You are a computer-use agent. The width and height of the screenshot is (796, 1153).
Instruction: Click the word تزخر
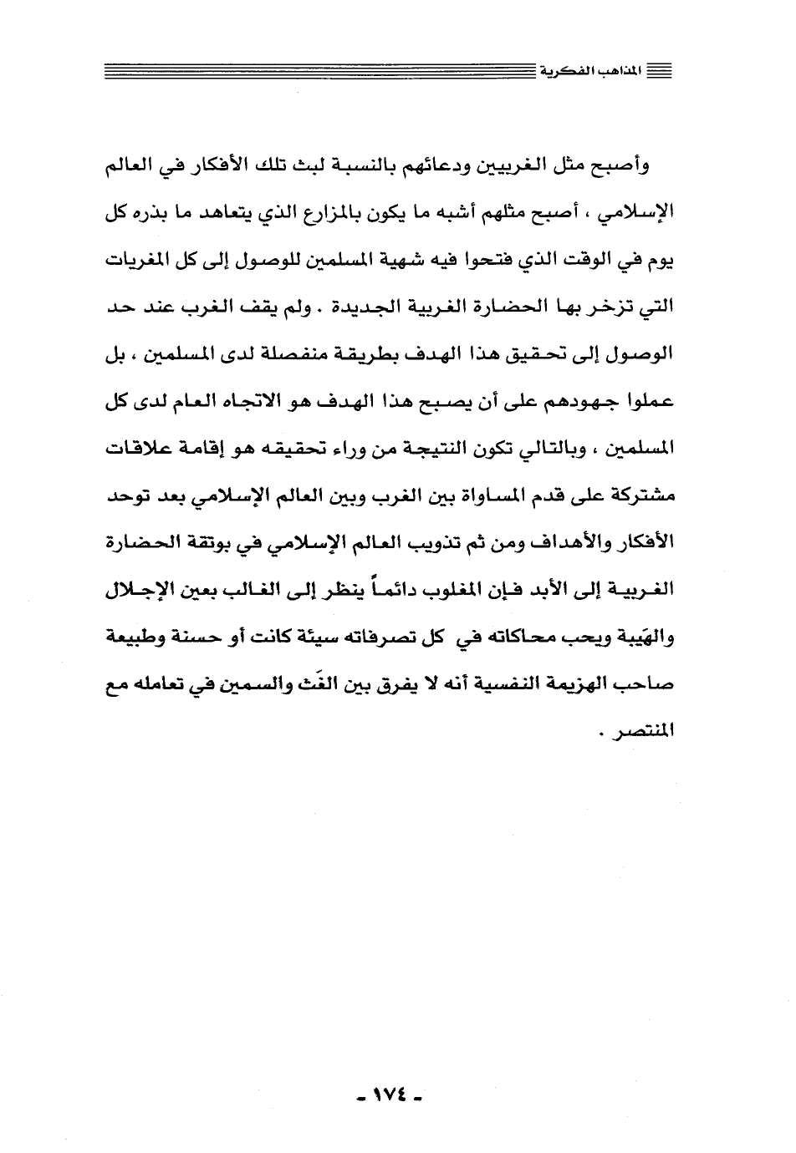point(601,308)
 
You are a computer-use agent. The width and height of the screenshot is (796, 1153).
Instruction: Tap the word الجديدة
point(353,308)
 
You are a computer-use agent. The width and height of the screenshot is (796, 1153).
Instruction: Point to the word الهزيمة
point(571,687)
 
